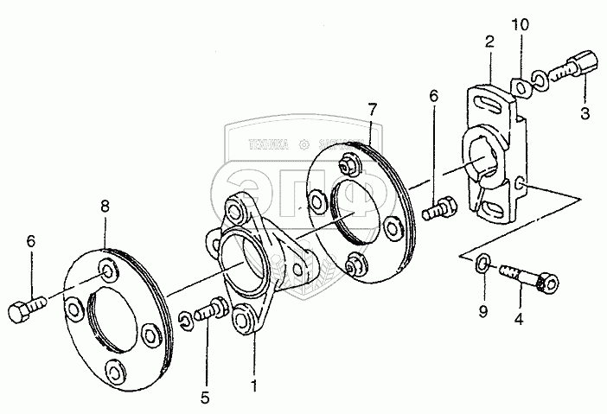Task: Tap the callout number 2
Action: [489, 41]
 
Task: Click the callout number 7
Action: [372, 110]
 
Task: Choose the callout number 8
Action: [105, 207]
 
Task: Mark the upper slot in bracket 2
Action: [490, 106]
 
